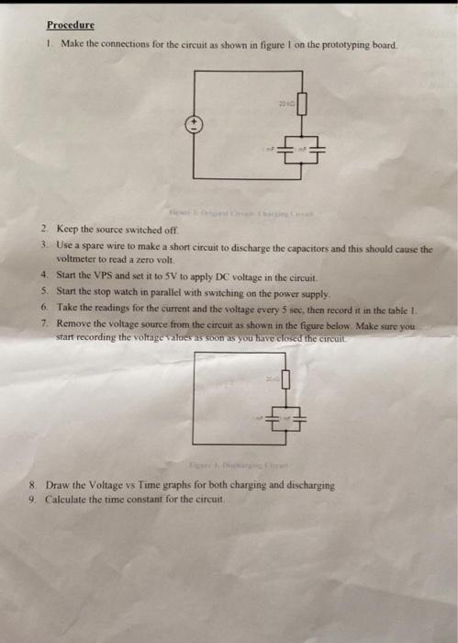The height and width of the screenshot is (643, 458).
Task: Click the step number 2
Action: point(43,229)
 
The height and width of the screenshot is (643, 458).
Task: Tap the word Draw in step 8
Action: point(56,484)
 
